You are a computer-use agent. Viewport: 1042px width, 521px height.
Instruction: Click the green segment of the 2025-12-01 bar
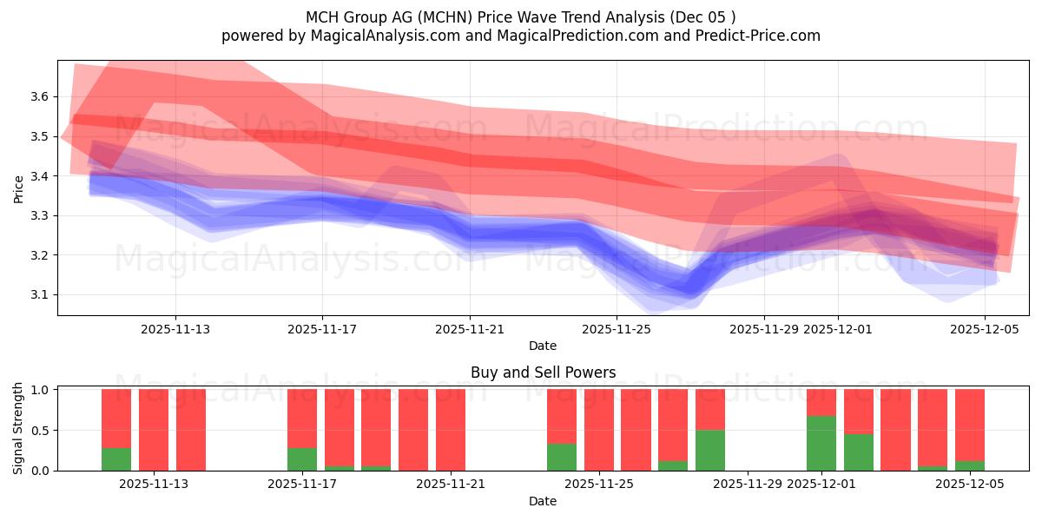click(x=821, y=443)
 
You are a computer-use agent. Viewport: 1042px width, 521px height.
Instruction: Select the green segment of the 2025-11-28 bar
click(x=709, y=450)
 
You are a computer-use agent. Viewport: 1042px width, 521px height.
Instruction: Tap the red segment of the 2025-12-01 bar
click(x=821, y=402)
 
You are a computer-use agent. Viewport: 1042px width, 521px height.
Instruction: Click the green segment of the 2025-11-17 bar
click(x=302, y=458)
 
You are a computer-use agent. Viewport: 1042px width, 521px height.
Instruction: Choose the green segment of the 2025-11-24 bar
click(x=562, y=457)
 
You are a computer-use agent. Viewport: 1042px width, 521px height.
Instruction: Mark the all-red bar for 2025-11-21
click(x=451, y=430)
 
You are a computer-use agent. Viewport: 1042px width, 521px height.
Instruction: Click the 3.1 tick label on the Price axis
click(x=37, y=295)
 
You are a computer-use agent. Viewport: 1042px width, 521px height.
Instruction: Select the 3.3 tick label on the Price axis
click(x=37, y=215)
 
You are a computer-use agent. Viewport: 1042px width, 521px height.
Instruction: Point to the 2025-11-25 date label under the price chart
click(x=616, y=329)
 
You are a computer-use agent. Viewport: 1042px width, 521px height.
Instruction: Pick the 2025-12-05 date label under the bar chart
click(x=970, y=485)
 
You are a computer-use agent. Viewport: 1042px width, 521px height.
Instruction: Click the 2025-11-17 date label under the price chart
click(x=322, y=329)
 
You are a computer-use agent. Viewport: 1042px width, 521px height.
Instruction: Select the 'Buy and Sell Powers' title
click(x=543, y=373)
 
